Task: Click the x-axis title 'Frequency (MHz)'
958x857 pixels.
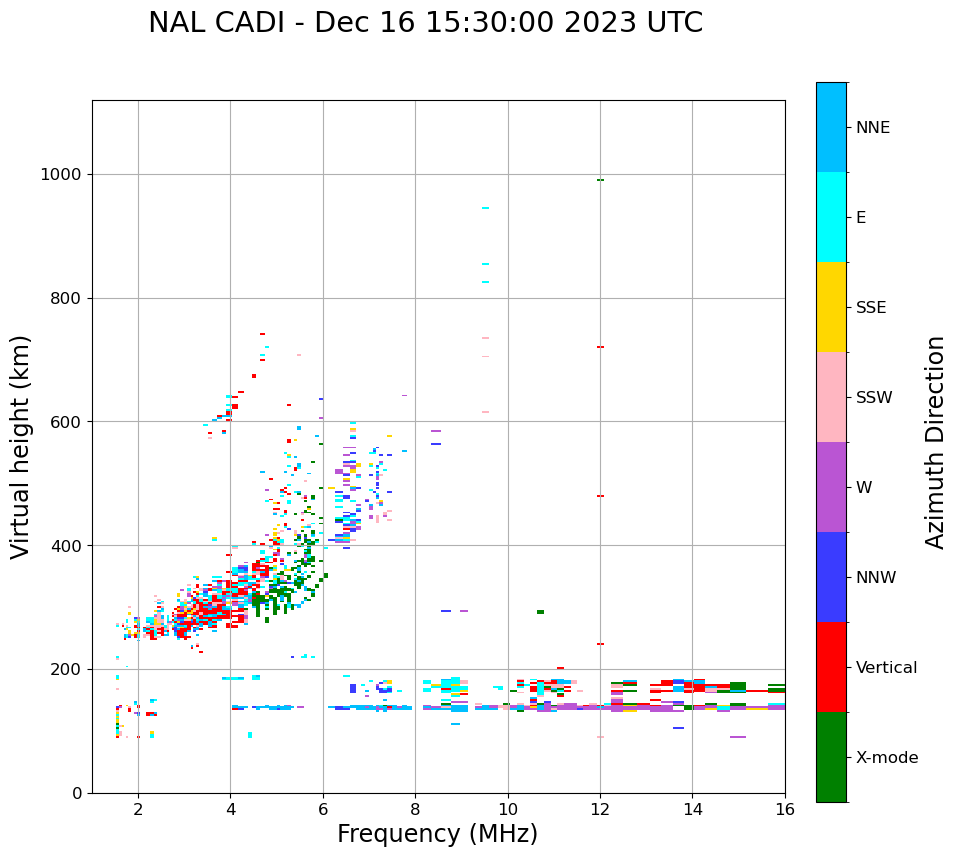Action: [437, 834]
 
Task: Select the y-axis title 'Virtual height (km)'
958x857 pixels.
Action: [21, 446]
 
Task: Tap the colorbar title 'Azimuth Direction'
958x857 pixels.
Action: [935, 442]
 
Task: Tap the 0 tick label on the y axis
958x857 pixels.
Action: [76, 793]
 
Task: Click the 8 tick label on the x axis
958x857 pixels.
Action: [415, 809]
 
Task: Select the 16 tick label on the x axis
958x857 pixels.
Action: [785, 809]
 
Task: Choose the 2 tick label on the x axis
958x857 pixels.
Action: [138, 809]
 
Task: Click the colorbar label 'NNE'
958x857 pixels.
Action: [872, 128]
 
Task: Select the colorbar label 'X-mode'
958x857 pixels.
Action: [886, 758]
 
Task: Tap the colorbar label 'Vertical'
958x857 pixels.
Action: [887, 668]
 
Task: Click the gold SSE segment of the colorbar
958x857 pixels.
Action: [831, 307]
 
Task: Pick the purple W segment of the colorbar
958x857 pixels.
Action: [831, 487]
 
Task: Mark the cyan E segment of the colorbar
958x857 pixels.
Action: [831, 217]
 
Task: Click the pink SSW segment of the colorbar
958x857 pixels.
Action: [831, 397]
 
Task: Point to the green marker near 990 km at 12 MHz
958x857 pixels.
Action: [600, 180]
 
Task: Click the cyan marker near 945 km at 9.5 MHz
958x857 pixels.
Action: [485, 208]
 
